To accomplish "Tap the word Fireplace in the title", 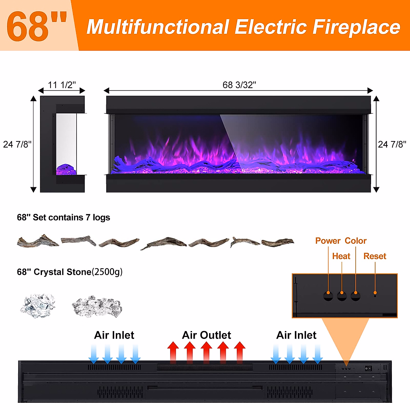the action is click(x=356, y=27).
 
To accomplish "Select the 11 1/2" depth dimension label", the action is click(x=61, y=85).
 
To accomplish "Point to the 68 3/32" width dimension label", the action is click(x=239, y=85).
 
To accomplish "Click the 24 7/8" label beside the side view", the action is click(x=17, y=144).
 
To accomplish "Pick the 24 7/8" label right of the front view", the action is click(x=392, y=144).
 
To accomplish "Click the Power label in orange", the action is click(x=328, y=241).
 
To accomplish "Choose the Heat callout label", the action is click(x=341, y=256).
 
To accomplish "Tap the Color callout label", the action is click(x=355, y=241).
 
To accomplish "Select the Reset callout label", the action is click(x=374, y=256).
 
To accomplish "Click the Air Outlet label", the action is click(x=206, y=335).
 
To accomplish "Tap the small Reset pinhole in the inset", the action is click(x=375, y=296).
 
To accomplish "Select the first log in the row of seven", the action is click(x=38, y=241).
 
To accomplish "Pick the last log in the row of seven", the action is click(x=277, y=242).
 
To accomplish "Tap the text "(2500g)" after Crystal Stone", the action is click(x=107, y=272).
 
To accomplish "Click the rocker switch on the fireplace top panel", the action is click(x=368, y=368).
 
